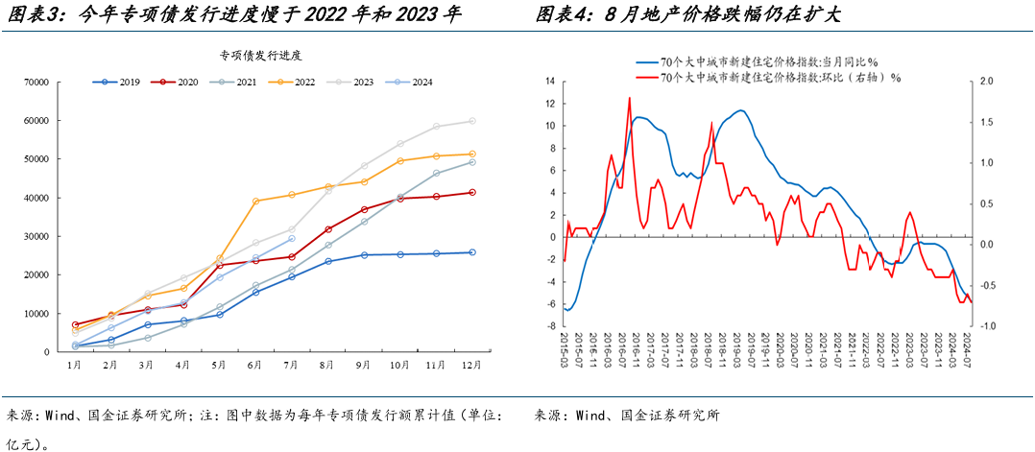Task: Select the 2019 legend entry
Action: coord(120,83)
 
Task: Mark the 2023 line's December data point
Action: coord(472,121)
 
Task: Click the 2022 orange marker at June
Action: coord(255,202)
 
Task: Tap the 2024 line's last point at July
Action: coord(292,238)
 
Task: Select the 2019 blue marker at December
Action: coord(472,252)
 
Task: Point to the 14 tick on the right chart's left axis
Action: coord(550,82)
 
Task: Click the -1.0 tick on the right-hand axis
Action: coord(989,326)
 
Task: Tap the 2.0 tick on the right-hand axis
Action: coord(989,82)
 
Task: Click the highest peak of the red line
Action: coord(630,98)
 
